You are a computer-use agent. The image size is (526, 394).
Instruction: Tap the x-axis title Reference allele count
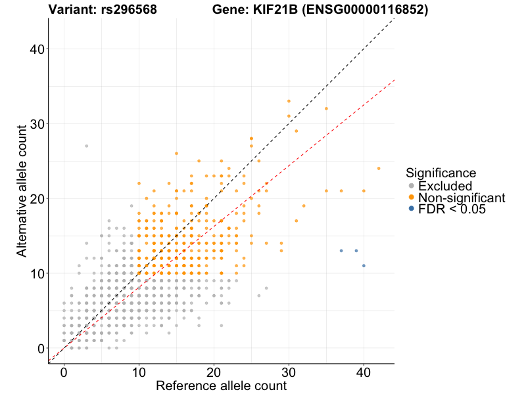pos(221,385)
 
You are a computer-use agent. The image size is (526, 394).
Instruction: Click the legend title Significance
pos(441,173)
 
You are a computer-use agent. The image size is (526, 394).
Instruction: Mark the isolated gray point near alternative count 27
pos(86,146)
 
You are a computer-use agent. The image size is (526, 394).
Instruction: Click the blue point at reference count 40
pos(364,265)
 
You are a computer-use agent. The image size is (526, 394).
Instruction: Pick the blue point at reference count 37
pos(341,250)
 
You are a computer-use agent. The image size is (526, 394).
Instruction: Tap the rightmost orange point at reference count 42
pos(379,168)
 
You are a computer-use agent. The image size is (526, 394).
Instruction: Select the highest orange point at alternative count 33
pos(289,101)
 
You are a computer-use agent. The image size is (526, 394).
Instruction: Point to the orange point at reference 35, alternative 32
pos(326,108)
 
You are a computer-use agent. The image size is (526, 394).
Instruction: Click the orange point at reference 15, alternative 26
pos(176,153)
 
